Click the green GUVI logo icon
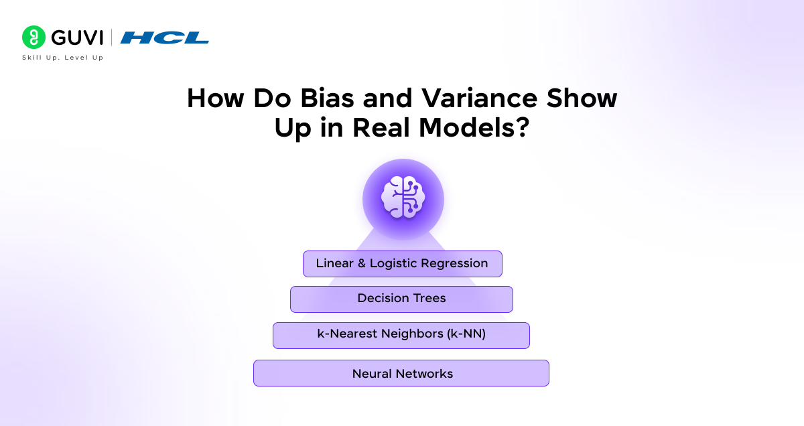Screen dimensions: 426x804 33,38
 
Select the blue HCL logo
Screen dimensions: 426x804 165,38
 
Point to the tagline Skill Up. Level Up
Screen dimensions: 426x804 63,58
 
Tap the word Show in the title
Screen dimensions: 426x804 581,99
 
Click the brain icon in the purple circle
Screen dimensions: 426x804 403,199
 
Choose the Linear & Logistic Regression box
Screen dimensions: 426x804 402,264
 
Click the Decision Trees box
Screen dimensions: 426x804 401,299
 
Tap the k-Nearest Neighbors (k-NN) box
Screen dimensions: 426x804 401,335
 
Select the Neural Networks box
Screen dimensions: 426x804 401,373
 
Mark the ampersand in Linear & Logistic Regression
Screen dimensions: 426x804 362,264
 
